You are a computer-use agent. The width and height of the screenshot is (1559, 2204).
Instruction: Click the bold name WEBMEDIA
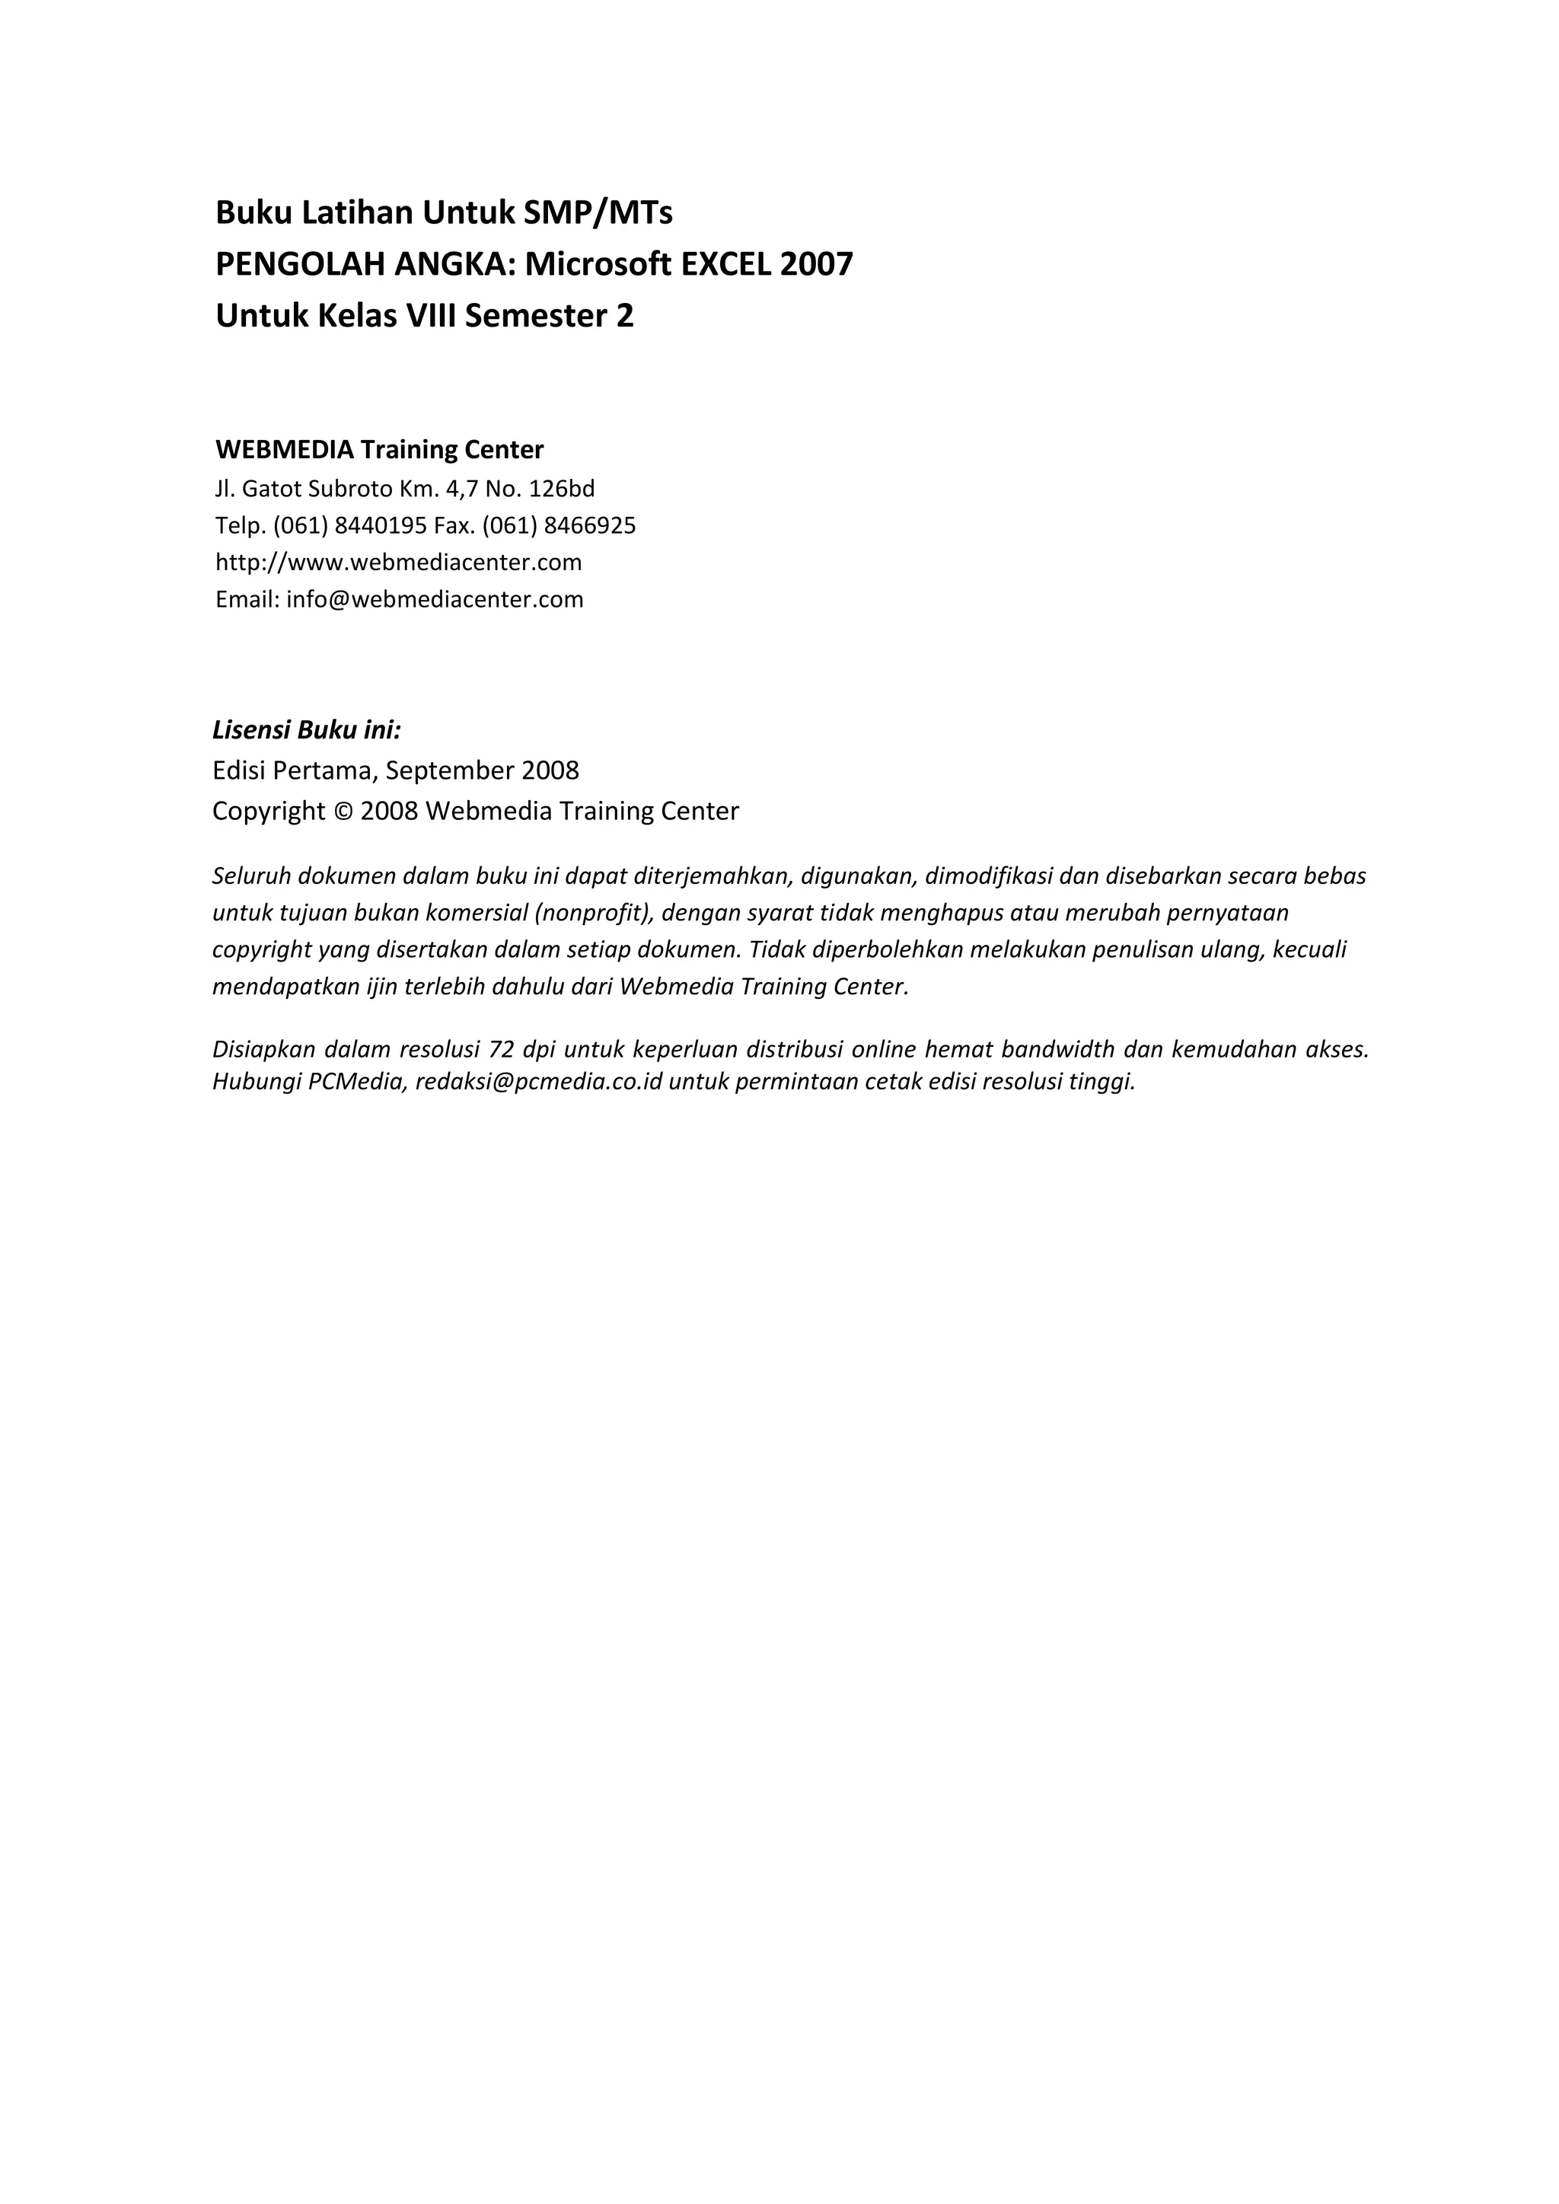(284, 449)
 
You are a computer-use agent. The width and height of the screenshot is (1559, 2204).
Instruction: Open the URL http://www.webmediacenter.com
(398, 563)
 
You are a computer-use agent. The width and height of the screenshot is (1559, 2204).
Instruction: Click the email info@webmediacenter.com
(435, 600)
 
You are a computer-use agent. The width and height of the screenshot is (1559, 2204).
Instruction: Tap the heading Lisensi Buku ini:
(306, 731)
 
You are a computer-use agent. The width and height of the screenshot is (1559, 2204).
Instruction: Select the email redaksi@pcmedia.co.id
(538, 1083)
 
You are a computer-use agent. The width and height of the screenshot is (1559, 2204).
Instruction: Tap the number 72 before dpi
(501, 1049)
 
